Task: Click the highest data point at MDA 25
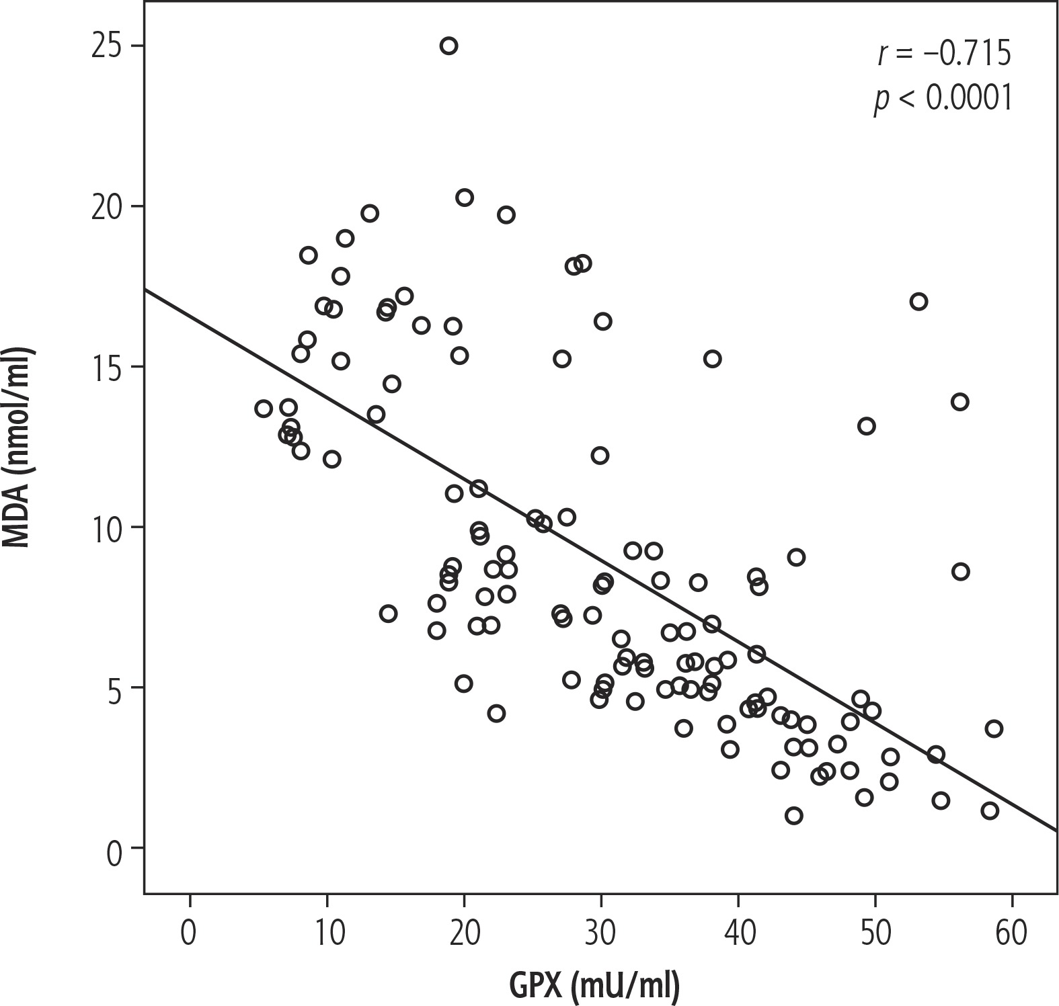448,46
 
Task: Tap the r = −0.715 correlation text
943,54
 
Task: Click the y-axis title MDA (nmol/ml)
19,448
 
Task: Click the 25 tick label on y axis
108,46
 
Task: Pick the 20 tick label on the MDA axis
108,206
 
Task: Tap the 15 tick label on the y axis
108,367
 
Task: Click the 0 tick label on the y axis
116,848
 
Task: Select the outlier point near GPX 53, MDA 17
918,302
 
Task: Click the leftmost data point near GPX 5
264,409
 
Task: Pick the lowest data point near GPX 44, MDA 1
794,816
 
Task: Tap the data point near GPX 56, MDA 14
959,402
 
